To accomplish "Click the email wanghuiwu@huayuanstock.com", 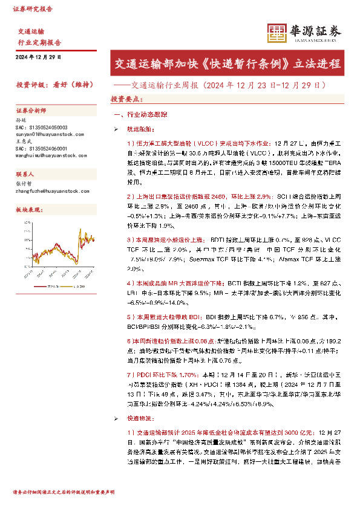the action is (x=52, y=155).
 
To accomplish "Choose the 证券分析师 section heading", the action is (x=31, y=111).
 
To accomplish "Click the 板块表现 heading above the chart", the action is (x=28, y=209).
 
